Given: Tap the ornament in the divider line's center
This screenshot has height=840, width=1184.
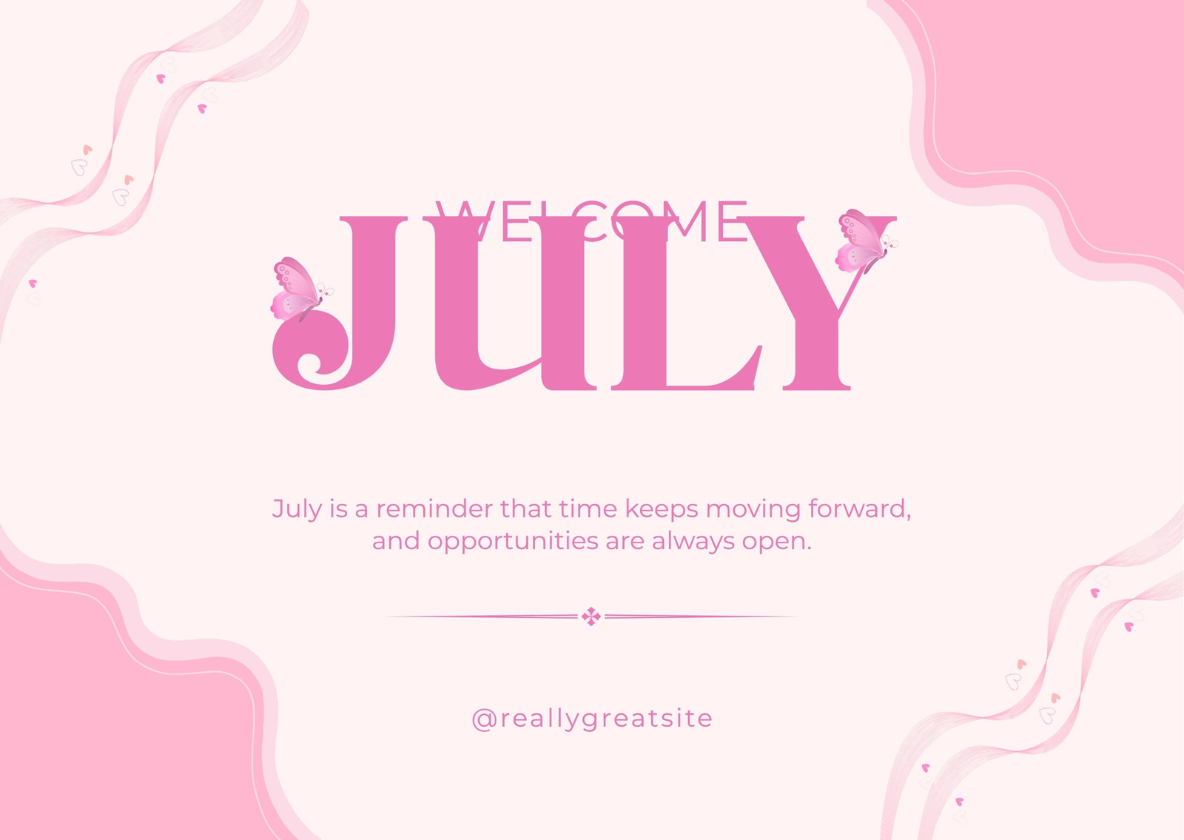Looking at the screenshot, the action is click(x=591, y=616).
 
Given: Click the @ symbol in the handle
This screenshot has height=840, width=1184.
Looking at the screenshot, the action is click(x=483, y=719).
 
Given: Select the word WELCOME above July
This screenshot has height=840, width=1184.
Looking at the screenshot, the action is click(x=591, y=221).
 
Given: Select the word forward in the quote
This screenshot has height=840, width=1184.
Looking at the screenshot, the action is click(x=859, y=509).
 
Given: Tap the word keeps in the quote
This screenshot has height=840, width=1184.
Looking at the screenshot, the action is click(x=662, y=510).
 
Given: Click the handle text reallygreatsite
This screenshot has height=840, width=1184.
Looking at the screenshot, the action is click(x=607, y=719).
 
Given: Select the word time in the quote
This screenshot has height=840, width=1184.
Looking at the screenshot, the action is click(x=588, y=509).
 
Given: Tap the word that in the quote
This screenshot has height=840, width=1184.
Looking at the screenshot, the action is click(x=525, y=509).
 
